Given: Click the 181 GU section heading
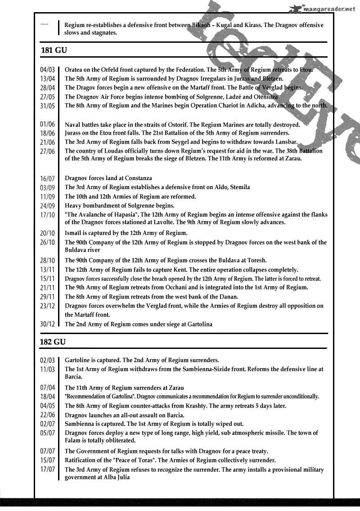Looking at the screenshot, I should click(x=54, y=50).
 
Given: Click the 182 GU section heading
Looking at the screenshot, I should click(x=54, y=342).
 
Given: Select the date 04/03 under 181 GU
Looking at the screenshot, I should click(x=47, y=70).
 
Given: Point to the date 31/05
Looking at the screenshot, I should click(x=47, y=106).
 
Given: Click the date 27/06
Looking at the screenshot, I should click(x=47, y=151).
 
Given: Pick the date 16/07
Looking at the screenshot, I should click(x=47, y=178).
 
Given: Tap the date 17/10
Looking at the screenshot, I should click(x=47, y=215).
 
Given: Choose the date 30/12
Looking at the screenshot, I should click(x=47, y=324).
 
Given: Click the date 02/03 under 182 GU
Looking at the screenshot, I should click(x=47, y=360).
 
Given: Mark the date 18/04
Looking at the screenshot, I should click(x=47, y=397).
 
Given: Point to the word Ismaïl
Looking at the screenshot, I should click(x=75, y=233).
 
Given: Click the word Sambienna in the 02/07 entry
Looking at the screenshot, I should click(x=80, y=424).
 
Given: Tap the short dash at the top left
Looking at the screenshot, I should click(x=44, y=23).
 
